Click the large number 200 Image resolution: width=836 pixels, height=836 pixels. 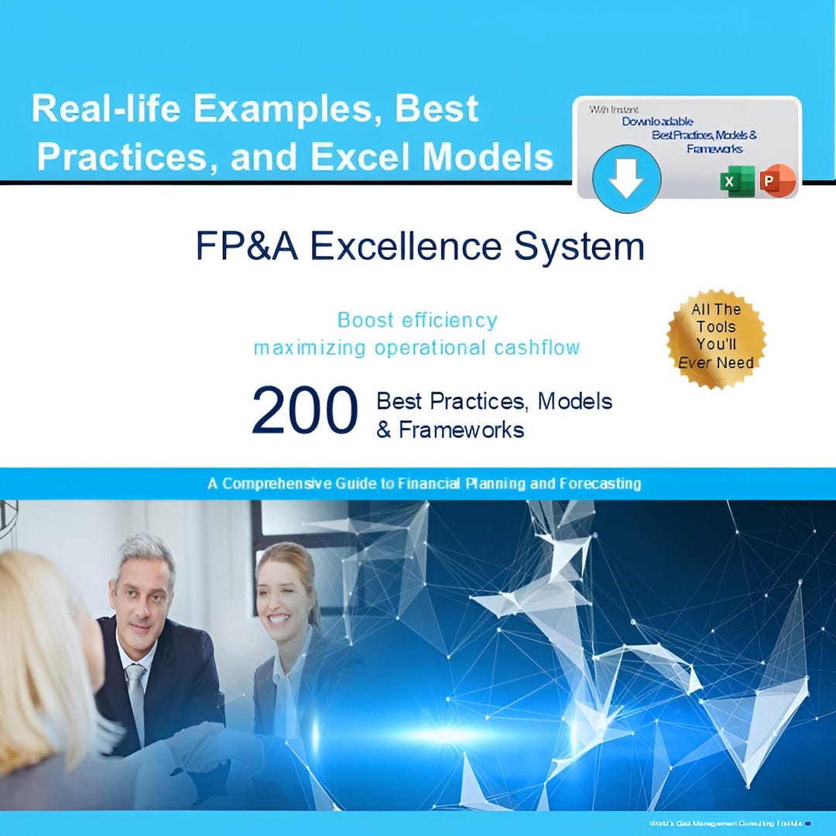point(304,410)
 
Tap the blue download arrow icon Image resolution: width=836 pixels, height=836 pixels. point(626,180)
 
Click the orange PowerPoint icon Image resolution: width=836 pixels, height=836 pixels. point(776,181)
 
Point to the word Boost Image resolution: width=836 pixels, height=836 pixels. point(365,320)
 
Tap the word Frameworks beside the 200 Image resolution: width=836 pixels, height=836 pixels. point(461,430)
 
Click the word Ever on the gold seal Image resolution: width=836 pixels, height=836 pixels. point(694,362)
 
